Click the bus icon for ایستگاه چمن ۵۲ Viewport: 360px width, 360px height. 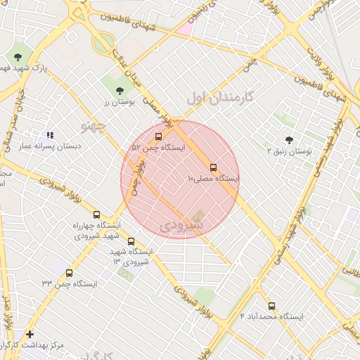pos(157,137)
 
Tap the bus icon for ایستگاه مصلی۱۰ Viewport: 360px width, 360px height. pos(213,167)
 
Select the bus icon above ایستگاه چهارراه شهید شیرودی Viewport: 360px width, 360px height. pos(96,214)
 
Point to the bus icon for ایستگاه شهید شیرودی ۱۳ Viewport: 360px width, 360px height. pos(131,241)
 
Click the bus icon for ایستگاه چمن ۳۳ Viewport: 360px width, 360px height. pos(69,273)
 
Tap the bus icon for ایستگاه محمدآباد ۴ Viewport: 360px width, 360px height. pos(272,306)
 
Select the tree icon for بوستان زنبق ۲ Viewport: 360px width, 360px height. pos(289,139)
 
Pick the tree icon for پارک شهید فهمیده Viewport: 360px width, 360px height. pos(18,57)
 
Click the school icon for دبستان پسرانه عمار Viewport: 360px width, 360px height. pos(49,134)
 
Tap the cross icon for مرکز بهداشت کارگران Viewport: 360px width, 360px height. pos(30,334)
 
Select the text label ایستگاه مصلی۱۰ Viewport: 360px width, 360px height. pos(213,179)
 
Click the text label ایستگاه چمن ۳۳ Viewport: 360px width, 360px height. pos(69,284)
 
